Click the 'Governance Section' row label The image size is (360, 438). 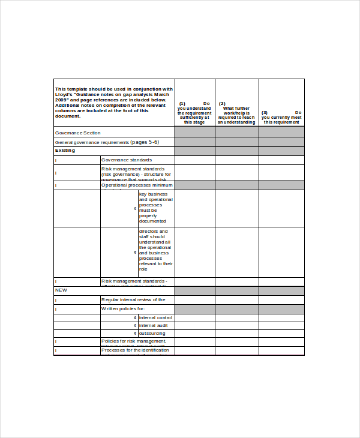78,133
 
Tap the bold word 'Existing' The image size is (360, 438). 65,151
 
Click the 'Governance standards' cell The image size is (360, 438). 127,160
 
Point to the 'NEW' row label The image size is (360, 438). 61,290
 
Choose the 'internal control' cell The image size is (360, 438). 155,317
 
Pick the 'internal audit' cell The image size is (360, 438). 154,325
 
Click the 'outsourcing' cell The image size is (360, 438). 152,333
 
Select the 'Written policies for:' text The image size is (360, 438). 123,308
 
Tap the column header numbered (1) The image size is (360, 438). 194,112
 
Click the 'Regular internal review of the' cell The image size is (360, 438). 133,299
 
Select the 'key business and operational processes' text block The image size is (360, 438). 156,208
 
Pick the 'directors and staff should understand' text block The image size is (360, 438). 156,250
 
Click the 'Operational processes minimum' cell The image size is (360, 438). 137,185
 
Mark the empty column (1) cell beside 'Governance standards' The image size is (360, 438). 194,160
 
